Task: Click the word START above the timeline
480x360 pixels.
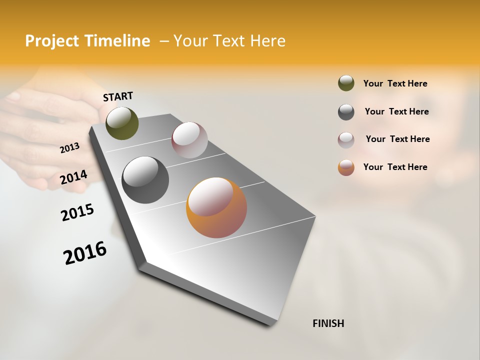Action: (x=118, y=96)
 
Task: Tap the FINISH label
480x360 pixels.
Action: (x=328, y=323)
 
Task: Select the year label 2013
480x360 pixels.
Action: (x=70, y=148)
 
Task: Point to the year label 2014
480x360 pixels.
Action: (x=74, y=177)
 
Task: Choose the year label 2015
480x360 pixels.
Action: (x=77, y=212)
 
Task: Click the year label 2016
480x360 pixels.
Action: (x=85, y=252)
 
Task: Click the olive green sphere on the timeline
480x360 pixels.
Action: (x=122, y=123)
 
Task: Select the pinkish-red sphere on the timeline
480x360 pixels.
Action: (x=189, y=140)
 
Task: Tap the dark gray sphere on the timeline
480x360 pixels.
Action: (x=145, y=180)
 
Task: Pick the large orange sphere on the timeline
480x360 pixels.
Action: (x=216, y=207)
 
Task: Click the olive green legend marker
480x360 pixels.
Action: (x=346, y=83)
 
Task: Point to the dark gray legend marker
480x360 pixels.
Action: (x=346, y=112)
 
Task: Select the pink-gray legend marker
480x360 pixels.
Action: (x=346, y=140)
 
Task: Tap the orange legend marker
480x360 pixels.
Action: (x=346, y=167)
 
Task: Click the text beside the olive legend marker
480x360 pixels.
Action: (x=395, y=83)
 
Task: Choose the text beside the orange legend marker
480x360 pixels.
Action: (x=395, y=167)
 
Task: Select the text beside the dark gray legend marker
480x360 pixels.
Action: (x=396, y=111)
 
